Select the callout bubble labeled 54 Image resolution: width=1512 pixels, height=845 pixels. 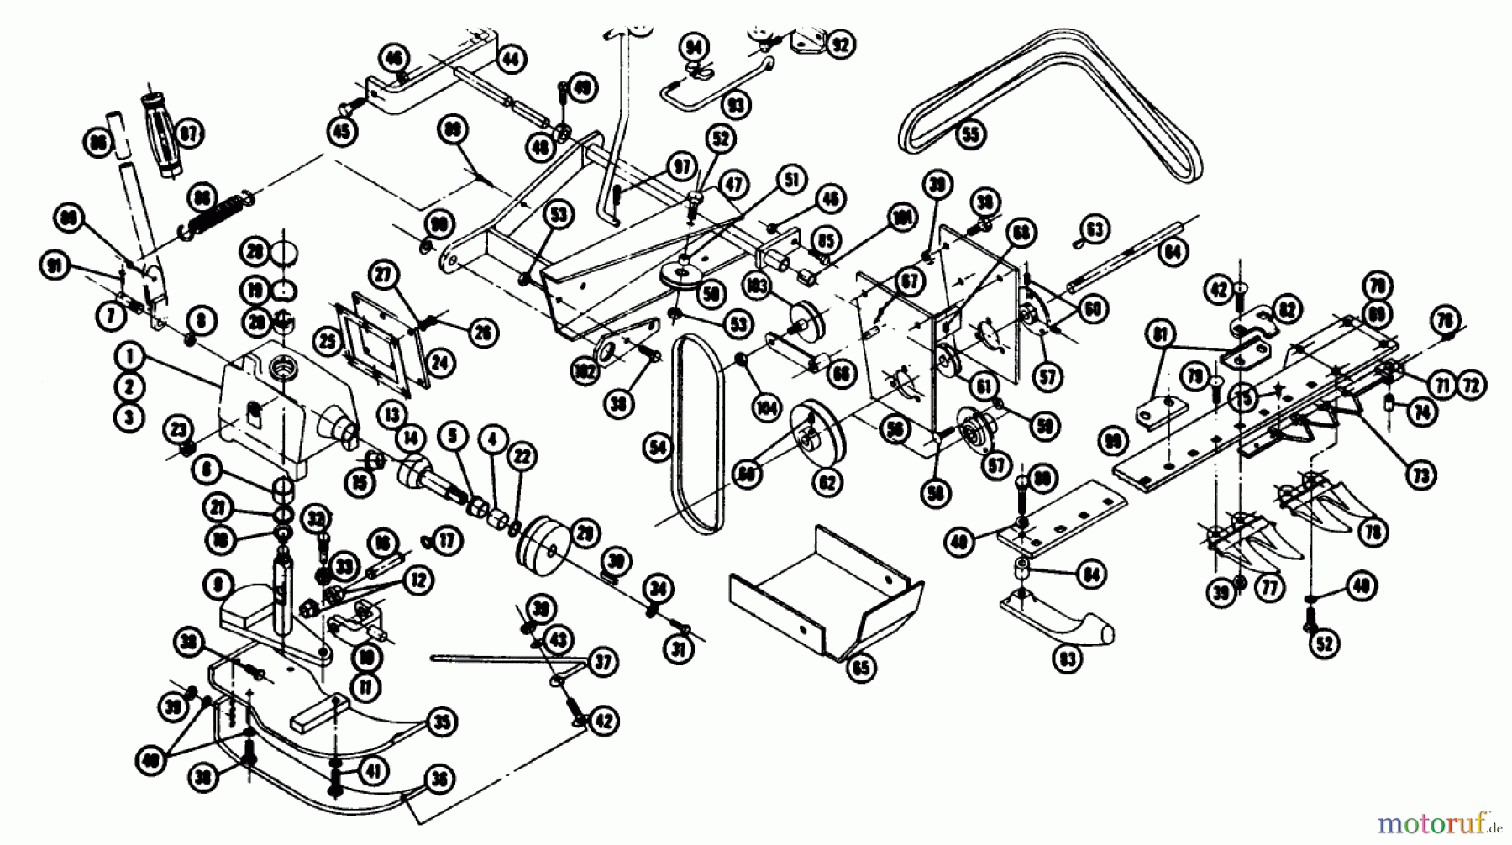tap(658, 449)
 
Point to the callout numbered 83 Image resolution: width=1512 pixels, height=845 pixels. tap(1068, 659)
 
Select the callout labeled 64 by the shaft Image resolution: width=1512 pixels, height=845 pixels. tap(1173, 250)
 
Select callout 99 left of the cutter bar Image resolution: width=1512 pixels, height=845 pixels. tap(1114, 440)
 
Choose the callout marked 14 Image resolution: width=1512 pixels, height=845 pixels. tap(411, 436)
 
